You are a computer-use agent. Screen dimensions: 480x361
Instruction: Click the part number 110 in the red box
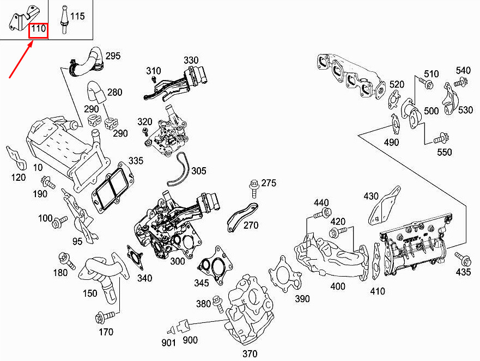(39, 29)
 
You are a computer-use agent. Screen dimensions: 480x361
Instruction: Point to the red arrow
(21, 60)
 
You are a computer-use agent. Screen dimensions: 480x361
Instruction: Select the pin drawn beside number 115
(64, 19)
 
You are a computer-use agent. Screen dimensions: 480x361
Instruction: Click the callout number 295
(113, 56)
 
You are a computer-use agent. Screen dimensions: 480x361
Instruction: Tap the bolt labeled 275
(254, 189)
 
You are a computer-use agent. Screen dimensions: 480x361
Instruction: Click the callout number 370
(250, 354)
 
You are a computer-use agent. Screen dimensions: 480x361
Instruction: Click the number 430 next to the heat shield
(371, 196)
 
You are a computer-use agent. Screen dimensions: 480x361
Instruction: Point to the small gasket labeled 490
(395, 124)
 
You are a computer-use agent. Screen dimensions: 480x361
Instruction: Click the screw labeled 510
(425, 82)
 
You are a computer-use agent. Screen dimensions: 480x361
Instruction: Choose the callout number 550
(444, 152)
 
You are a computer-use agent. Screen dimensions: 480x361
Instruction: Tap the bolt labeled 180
(67, 260)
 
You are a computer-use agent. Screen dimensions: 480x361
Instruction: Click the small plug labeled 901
(171, 330)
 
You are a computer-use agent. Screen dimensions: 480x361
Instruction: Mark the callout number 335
(136, 161)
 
